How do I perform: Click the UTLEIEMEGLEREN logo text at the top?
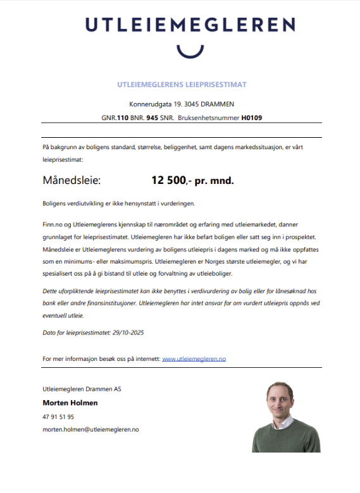[190, 25]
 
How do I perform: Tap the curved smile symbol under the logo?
[190, 51]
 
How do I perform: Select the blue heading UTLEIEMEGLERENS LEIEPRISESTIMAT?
[182, 84]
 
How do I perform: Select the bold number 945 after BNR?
[152, 118]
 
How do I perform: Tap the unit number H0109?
[252, 118]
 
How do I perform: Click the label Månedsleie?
[71, 180]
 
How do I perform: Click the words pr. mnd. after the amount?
[214, 180]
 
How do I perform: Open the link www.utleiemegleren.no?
[194, 359]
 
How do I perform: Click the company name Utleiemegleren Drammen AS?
[82, 389]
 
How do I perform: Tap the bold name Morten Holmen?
[70, 403]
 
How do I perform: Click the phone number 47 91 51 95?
[58, 417]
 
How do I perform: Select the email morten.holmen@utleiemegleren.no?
[90, 430]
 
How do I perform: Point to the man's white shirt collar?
[282, 422]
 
